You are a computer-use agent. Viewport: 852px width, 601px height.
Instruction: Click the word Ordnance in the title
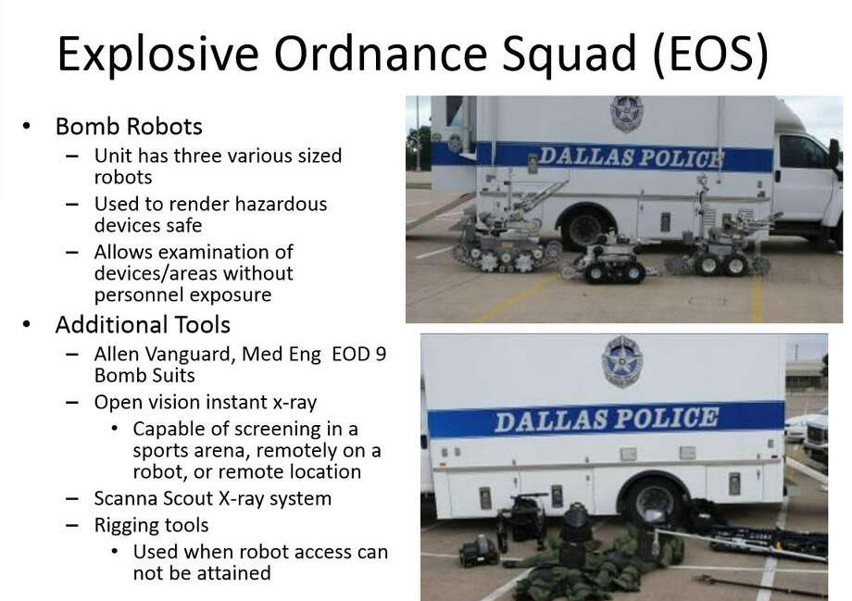click(x=380, y=54)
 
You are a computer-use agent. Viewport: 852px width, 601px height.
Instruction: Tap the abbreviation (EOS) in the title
click(x=711, y=55)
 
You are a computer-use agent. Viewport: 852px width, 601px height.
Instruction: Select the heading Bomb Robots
click(x=129, y=126)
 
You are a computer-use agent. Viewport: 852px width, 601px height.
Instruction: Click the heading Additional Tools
click(x=143, y=325)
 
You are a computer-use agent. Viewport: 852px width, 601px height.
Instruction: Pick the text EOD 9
click(x=358, y=354)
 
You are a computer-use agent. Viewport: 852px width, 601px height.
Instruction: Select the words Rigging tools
click(x=151, y=525)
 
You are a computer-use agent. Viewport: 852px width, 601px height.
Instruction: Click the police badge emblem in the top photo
click(x=626, y=114)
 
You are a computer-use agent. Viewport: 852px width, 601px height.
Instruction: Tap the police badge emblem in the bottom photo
click(x=621, y=362)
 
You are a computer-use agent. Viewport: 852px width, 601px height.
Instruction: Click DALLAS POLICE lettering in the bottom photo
click(x=607, y=419)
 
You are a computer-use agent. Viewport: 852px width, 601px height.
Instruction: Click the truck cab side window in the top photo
click(x=803, y=152)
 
